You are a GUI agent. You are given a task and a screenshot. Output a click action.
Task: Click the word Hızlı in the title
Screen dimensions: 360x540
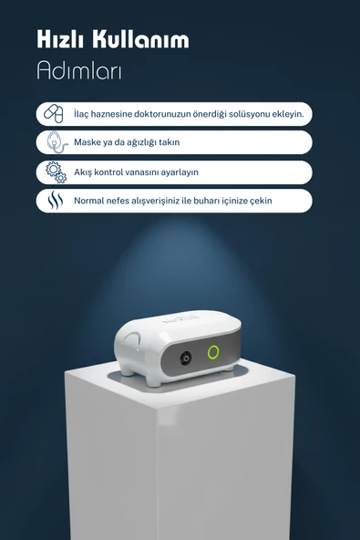click(60, 39)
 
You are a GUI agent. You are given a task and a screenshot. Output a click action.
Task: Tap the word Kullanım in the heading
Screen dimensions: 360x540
click(140, 39)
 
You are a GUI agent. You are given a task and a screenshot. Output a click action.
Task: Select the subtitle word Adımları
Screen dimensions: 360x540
click(79, 70)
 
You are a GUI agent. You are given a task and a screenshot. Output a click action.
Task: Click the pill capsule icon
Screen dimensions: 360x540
click(54, 114)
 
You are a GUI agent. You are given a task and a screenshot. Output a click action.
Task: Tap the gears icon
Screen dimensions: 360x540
click(57, 172)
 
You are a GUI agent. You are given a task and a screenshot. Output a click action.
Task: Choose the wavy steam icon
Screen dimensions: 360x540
click(56, 201)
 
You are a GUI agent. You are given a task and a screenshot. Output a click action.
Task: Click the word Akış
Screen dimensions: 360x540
click(83, 172)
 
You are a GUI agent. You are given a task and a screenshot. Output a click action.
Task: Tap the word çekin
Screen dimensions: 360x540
click(261, 201)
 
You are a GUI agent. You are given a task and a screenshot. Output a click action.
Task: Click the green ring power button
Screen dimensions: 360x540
click(213, 352)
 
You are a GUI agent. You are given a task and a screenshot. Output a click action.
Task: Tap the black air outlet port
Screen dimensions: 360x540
click(186, 358)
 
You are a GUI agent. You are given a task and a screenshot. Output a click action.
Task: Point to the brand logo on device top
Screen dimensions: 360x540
click(181, 318)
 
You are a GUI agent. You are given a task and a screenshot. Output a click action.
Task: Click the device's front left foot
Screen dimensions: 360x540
click(152, 380)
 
